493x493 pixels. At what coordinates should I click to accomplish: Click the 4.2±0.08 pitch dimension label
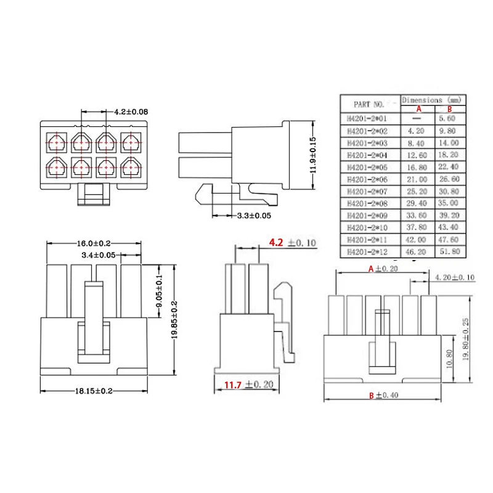pyautogui.click(x=131, y=112)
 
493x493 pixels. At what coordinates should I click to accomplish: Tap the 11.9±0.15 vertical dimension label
pyautogui.click(x=313, y=155)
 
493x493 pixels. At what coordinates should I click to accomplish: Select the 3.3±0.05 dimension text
pyautogui.click(x=254, y=216)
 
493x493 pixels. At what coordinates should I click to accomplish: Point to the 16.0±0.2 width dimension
pyautogui.click(x=94, y=243)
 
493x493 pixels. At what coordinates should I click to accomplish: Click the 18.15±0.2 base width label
pyautogui.click(x=94, y=391)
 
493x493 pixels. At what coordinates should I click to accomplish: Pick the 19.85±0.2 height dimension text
pyautogui.click(x=174, y=320)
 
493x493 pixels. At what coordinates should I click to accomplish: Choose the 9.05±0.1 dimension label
pyautogui.click(x=160, y=291)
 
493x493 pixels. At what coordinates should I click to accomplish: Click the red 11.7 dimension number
pyautogui.click(x=233, y=385)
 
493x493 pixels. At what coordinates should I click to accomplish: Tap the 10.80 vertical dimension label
pyautogui.click(x=449, y=359)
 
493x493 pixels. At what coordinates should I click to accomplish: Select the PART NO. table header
pyautogui.click(x=369, y=104)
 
